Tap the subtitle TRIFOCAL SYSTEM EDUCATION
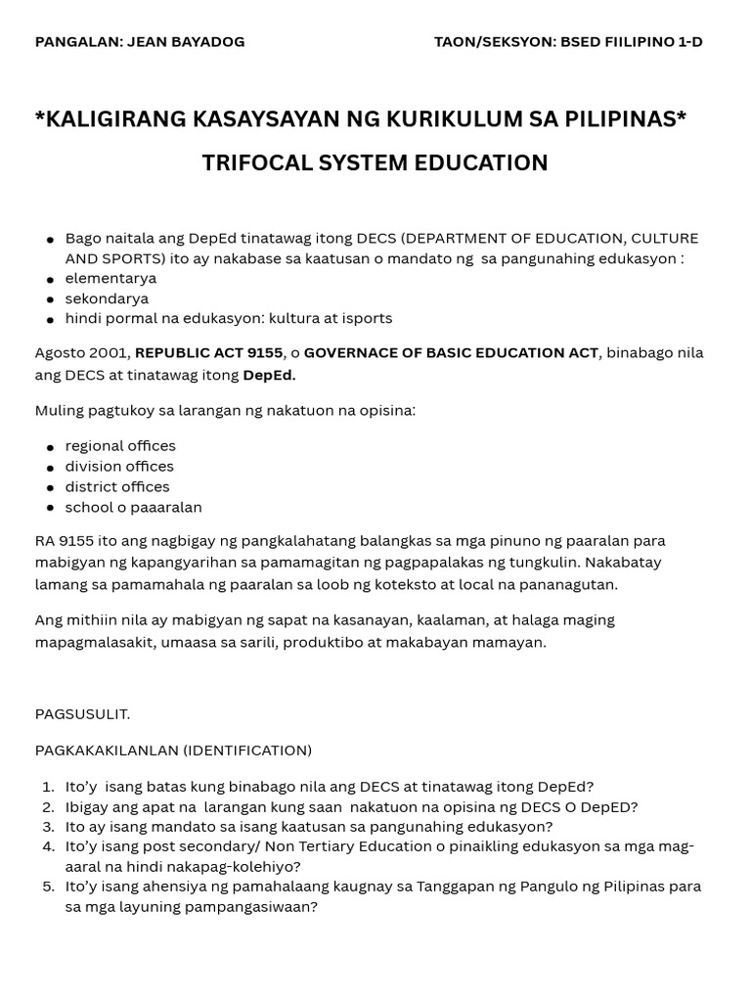(x=375, y=163)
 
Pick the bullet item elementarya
(x=110, y=278)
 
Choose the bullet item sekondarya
(x=107, y=298)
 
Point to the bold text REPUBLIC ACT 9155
(x=208, y=352)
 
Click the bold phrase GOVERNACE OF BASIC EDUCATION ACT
(x=450, y=352)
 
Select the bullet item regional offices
(x=120, y=445)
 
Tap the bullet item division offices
(x=119, y=466)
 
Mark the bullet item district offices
(x=117, y=486)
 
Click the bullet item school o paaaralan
(x=133, y=507)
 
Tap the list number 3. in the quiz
(x=48, y=827)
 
